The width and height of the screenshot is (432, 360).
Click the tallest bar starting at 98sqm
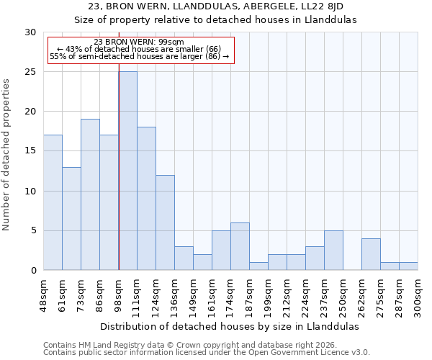pyautogui.click(x=127, y=171)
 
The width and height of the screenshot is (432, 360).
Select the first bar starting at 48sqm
pyautogui.click(x=53, y=202)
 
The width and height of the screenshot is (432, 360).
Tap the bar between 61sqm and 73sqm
pyautogui.click(x=71, y=218)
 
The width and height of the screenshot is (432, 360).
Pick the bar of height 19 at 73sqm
pyautogui.click(x=90, y=194)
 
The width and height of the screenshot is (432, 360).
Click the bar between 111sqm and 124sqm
pyautogui.click(x=146, y=199)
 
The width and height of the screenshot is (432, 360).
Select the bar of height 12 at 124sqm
pyautogui.click(x=165, y=222)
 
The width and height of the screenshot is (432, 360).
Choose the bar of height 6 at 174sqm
pyautogui.click(x=240, y=246)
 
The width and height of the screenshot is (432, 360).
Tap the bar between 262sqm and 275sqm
pyautogui.click(x=371, y=254)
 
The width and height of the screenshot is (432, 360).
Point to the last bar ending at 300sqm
pyautogui.click(x=408, y=266)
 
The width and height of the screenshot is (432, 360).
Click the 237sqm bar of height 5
pyautogui.click(x=333, y=251)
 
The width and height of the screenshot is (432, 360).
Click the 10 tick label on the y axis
pyautogui.click(x=31, y=192)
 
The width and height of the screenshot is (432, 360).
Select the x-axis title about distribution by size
pyautogui.click(x=230, y=326)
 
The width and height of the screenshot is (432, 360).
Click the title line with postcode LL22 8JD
pyautogui.click(x=216, y=6)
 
